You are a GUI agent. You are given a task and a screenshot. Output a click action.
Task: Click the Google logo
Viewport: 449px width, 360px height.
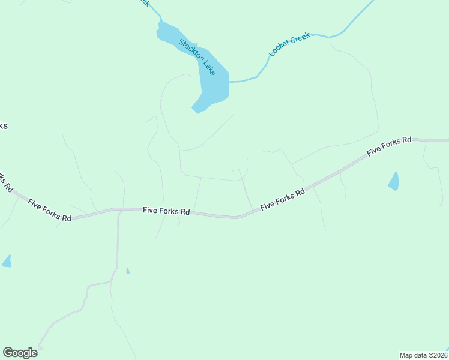20,353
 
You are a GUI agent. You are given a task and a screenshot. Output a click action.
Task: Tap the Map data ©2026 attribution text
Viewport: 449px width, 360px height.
423,355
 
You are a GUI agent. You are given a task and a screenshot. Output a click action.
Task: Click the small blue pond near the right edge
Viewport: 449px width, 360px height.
394,181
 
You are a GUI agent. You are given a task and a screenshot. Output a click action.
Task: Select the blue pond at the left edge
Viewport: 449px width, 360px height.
7,261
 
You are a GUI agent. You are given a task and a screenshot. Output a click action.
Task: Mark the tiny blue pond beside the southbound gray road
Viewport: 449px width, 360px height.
128,271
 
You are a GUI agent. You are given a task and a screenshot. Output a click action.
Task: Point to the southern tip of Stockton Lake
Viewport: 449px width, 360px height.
196,110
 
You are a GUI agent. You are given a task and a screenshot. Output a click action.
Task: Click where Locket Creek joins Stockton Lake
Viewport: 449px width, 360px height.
229,81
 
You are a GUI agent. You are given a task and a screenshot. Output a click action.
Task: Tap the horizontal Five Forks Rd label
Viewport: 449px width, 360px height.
166,212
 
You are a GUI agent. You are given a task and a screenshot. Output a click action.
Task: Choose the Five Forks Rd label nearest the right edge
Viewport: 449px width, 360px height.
389,146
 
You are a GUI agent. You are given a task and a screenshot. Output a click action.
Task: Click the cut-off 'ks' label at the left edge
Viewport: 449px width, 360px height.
3,126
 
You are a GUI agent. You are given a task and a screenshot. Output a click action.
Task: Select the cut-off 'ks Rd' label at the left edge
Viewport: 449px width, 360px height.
5,181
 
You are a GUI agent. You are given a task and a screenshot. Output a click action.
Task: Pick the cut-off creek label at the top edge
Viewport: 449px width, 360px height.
144,2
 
